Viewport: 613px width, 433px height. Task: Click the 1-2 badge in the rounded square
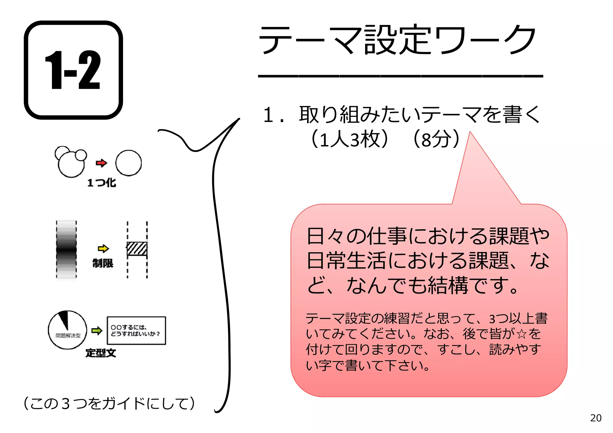click(73, 70)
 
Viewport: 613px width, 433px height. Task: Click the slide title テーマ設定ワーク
click(397, 40)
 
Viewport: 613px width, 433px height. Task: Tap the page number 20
click(596, 418)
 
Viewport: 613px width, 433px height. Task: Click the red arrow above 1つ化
click(101, 163)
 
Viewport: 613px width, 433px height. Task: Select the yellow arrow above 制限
click(103, 248)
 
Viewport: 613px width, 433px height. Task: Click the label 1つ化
click(101, 183)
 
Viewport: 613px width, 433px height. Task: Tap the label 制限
click(103, 263)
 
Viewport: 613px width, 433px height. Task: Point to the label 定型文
click(101, 353)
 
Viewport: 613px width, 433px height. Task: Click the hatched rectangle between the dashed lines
click(137, 249)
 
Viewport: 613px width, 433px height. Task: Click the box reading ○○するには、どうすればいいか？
click(136, 330)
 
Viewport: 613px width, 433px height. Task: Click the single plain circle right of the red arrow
click(128, 163)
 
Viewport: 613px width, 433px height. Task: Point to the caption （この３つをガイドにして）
click(109, 403)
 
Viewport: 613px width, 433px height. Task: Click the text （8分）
click(436, 139)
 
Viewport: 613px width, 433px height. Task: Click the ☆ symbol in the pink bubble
click(521, 334)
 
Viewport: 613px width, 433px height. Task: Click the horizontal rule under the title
click(400, 76)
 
